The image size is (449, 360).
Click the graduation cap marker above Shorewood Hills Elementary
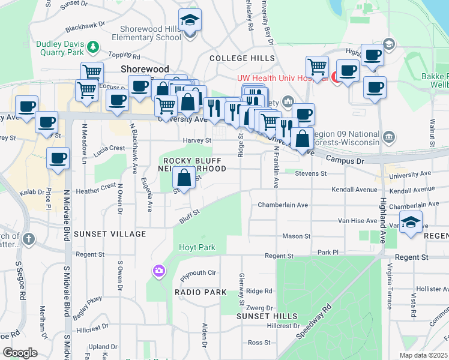(x=190, y=22)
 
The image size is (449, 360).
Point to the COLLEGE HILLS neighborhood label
(x=242, y=58)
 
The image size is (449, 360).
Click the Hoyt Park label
(x=196, y=247)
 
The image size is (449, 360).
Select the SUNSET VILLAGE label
(x=119, y=233)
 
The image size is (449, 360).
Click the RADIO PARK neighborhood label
(x=200, y=292)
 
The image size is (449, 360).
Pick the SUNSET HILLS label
(x=267, y=316)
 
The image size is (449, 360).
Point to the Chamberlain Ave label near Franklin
(x=283, y=205)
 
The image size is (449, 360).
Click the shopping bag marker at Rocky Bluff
(x=184, y=178)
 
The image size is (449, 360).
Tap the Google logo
(x=19, y=353)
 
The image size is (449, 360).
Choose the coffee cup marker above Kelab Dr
(x=58, y=159)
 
